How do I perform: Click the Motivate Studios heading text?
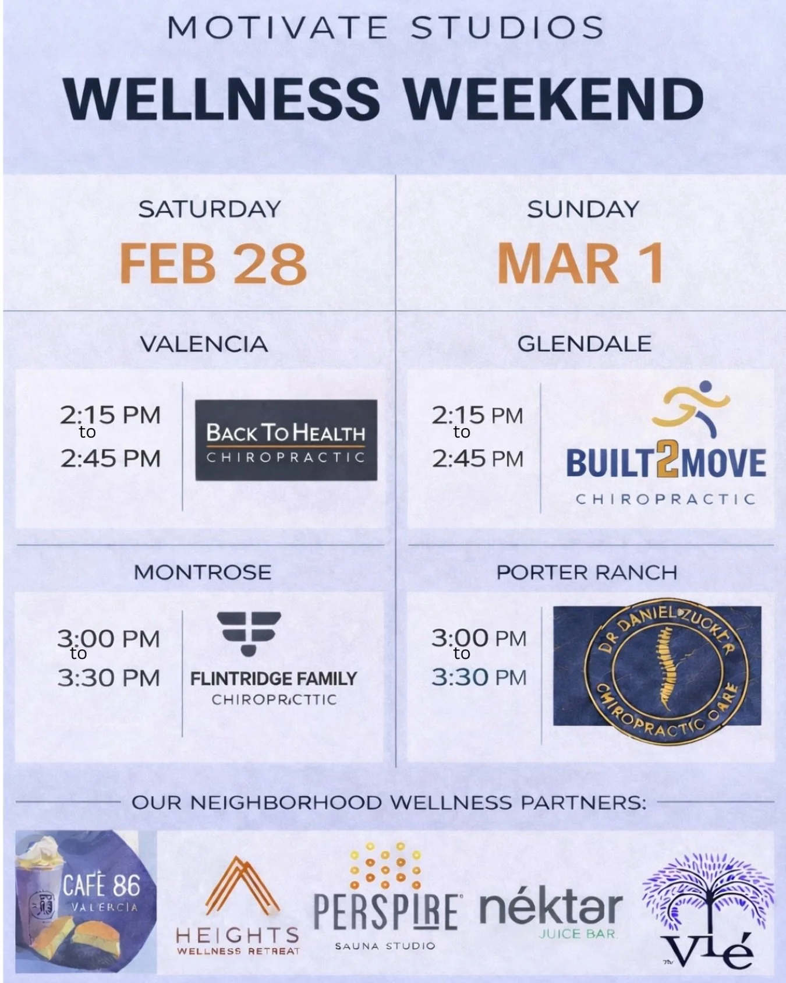[385, 28]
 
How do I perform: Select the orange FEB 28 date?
[213, 264]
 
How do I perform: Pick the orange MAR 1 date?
[580, 264]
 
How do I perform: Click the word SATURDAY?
[210, 209]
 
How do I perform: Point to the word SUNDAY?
[583, 209]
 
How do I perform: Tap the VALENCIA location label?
[204, 344]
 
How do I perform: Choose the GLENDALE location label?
[584, 344]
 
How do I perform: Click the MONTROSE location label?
[203, 572]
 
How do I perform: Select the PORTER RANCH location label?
[586, 572]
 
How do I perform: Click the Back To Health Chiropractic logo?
[286, 440]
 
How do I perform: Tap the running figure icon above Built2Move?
[692, 408]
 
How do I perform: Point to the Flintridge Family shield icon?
[249, 633]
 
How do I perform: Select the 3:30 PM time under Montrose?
[109, 678]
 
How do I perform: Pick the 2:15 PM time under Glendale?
[477, 415]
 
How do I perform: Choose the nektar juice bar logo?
[550, 913]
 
